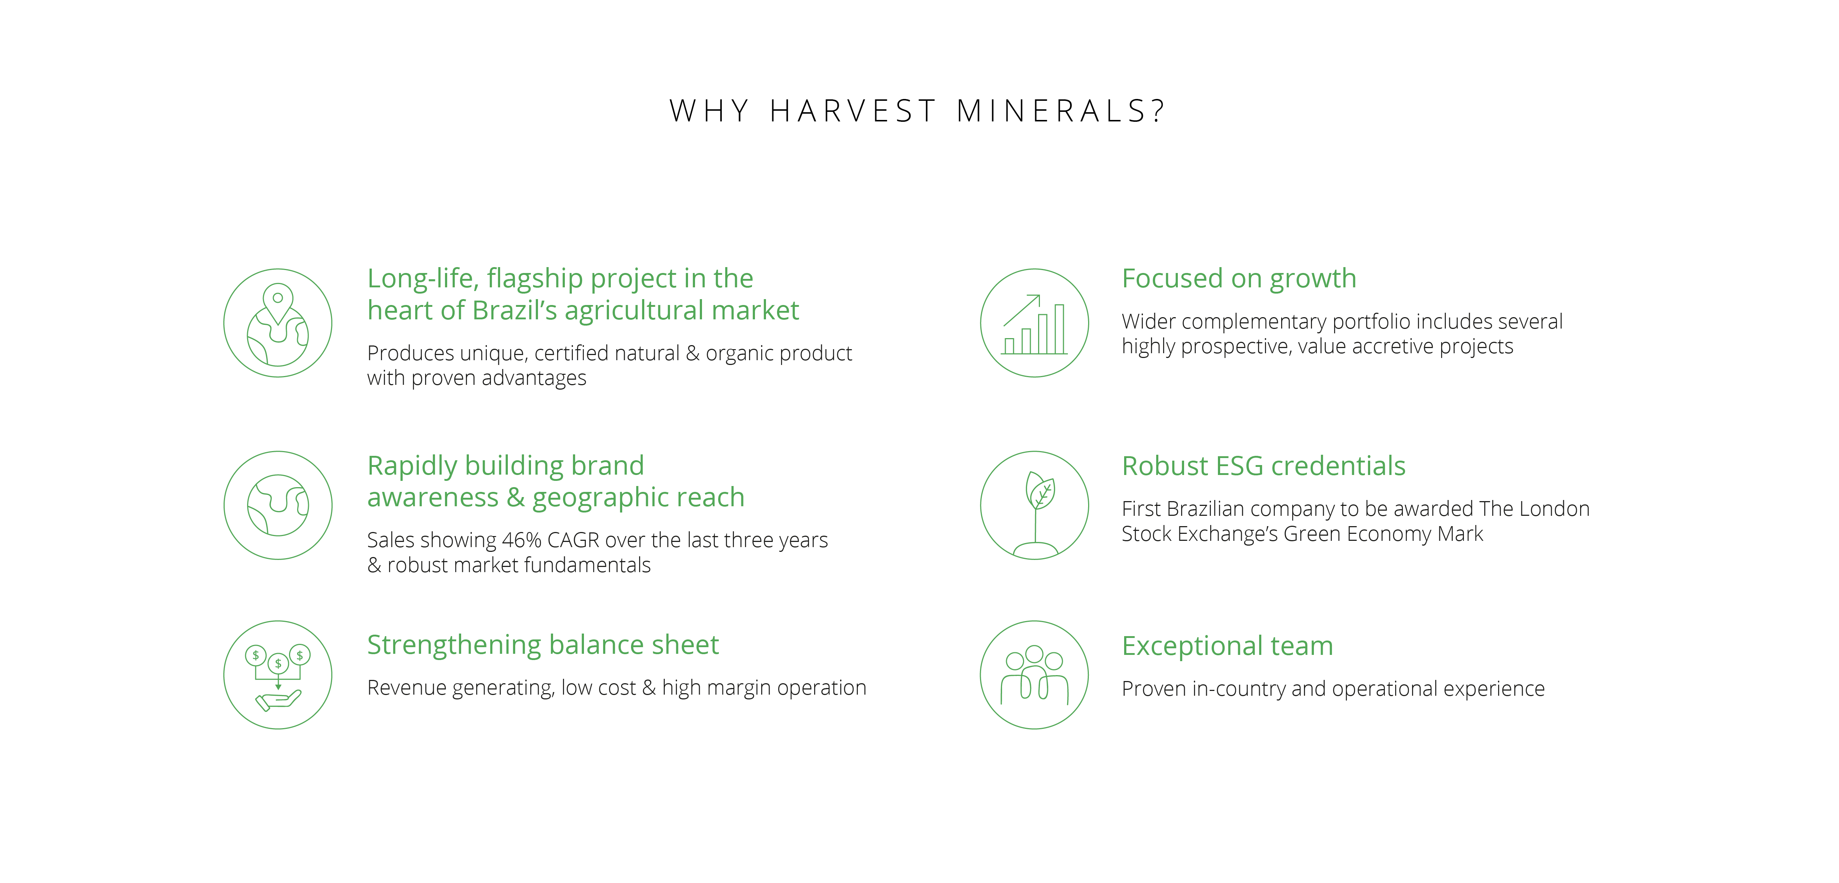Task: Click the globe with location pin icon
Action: point(278,323)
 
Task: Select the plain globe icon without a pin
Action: point(278,505)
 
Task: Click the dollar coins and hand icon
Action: point(278,674)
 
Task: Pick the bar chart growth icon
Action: point(1034,323)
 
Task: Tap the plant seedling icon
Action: point(1034,505)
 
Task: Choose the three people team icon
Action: point(1034,674)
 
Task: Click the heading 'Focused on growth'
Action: point(1239,279)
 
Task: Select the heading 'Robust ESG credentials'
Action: point(1264,466)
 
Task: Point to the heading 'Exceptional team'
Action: point(1227,646)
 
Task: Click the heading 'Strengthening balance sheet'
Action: point(542,645)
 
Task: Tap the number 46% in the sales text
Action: point(522,540)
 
